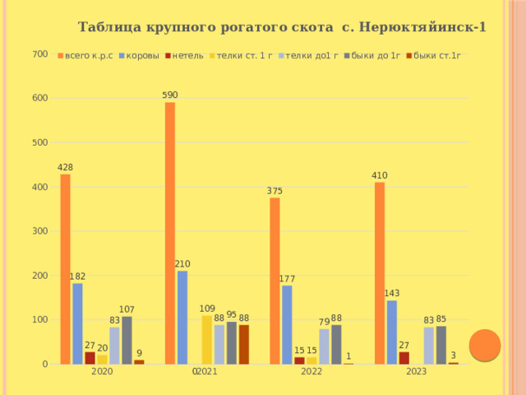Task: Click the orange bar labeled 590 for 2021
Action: (x=170, y=233)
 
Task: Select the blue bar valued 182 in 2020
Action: (x=77, y=323)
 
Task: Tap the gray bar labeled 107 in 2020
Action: (x=127, y=340)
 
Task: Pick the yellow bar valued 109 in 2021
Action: (x=207, y=340)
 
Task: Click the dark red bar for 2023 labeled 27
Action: (x=404, y=358)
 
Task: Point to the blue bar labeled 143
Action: (x=392, y=332)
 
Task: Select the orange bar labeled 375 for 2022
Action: (x=275, y=281)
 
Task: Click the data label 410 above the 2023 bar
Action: (x=380, y=175)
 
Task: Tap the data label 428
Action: (x=65, y=167)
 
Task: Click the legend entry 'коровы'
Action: (x=139, y=56)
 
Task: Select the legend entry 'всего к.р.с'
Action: (x=85, y=56)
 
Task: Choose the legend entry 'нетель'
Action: (x=184, y=56)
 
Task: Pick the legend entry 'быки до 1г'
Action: (x=372, y=56)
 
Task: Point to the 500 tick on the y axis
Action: (x=40, y=142)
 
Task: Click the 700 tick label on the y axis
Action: (x=40, y=54)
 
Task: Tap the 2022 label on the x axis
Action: (x=311, y=371)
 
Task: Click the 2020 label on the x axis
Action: (x=102, y=371)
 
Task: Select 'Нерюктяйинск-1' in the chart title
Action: (x=422, y=27)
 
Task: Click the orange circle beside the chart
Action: (x=485, y=346)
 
